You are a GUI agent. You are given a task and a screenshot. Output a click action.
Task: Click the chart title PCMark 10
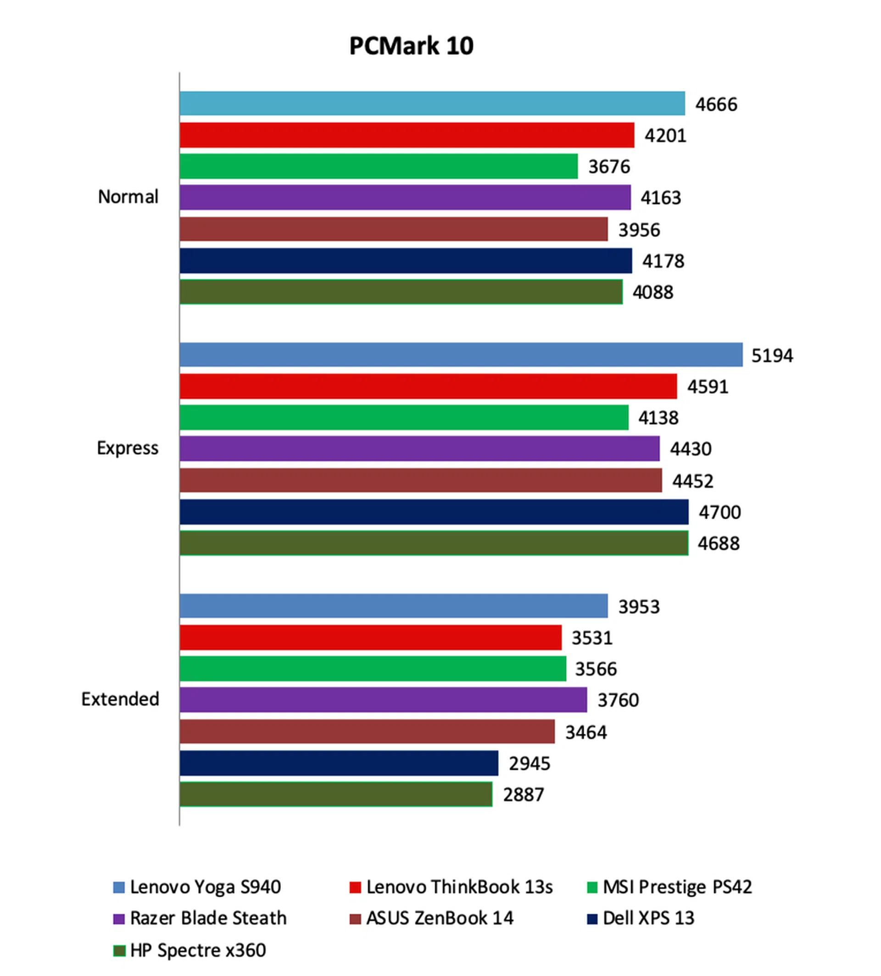411,46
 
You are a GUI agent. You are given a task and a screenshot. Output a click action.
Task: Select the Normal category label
128,197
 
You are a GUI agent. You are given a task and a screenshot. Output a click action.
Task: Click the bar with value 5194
460,355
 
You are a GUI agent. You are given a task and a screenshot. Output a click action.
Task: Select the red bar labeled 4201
407,135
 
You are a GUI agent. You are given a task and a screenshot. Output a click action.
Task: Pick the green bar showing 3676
378,166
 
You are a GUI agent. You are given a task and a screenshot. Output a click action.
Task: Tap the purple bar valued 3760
383,700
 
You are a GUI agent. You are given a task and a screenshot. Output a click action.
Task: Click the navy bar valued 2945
338,763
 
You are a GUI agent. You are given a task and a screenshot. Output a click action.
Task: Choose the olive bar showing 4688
434,543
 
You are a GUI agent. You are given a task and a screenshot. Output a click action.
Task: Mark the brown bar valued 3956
393,229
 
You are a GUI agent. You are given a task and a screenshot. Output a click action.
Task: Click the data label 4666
716,105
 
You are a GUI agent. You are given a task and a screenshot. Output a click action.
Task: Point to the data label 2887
523,794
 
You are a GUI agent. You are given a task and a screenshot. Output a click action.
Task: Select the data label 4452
692,481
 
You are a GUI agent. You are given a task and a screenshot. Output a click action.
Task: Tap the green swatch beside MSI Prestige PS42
592,887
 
